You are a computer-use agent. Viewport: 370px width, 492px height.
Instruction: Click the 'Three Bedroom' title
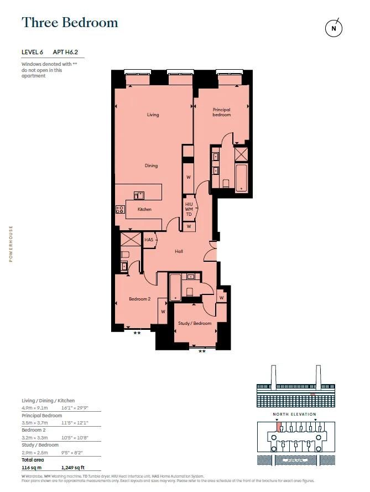coord(70,23)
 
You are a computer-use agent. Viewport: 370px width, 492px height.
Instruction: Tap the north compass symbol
coord(333,28)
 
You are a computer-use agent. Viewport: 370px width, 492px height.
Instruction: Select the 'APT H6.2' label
coord(69,52)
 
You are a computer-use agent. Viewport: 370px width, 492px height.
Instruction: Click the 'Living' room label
coord(153,115)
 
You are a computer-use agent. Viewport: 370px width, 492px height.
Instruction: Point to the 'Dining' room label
coord(151,165)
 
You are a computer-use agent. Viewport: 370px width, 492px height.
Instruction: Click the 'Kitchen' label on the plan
coord(144,209)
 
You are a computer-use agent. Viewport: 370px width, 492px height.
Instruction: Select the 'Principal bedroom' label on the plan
coord(221,112)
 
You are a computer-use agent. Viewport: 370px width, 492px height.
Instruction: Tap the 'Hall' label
coord(179,251)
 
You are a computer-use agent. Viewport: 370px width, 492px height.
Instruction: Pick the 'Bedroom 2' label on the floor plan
coord(139,299)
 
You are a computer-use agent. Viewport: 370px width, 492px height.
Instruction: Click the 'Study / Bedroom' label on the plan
coord(194,323)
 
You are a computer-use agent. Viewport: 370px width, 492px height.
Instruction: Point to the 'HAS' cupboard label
coord(149,240)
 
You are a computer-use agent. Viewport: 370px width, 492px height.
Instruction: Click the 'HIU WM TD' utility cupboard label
coord(189,209)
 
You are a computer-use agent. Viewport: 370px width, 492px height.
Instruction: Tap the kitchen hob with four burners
coord(120,209)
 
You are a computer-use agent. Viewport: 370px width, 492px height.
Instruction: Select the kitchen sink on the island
coord(139,195)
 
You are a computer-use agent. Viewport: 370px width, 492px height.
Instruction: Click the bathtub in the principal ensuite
coord(242,178)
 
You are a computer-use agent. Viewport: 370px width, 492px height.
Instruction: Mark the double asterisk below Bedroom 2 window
coord(137,334)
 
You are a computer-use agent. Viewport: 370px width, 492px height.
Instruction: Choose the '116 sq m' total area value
coord(31,468)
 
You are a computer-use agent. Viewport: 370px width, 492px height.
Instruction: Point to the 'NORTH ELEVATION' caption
coord(295,414)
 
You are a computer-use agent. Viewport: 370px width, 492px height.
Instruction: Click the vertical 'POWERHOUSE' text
coord(11,244)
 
